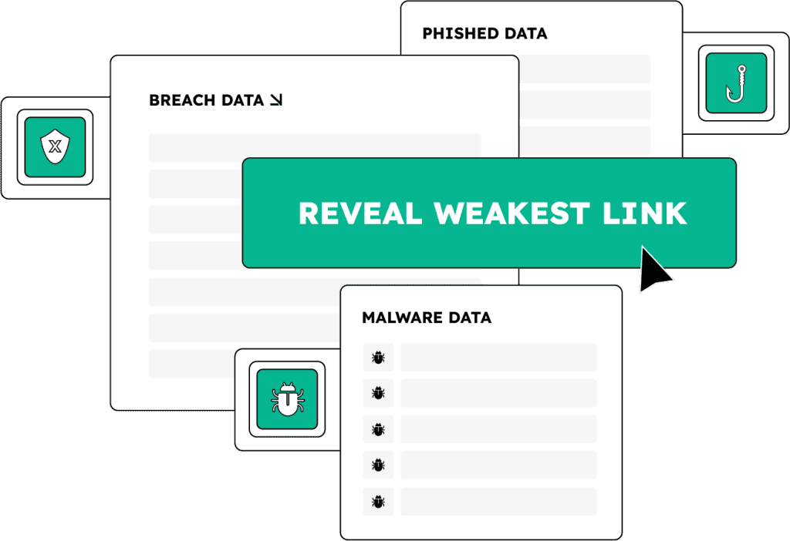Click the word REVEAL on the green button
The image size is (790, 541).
(x=360, y=213)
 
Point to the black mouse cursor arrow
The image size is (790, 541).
(x=653, y=270)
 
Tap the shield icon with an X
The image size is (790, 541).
(x=55, y=147)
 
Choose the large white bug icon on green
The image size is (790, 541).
(x=287, y=399)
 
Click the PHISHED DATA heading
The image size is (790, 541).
(x=484, y=34)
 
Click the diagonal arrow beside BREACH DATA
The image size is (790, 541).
(x=275, y=100)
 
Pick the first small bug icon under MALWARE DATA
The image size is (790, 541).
(x=378, y=358)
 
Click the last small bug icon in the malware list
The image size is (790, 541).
(x=378, y=501)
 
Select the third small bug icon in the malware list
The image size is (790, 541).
(x=378, y=429)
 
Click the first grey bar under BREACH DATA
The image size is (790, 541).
(x=315, y=147)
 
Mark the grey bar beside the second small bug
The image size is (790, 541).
(x=498, y=393)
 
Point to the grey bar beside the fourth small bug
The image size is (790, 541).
(x=498, y=465)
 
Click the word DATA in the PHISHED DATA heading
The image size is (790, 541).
(x=525, y=34)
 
